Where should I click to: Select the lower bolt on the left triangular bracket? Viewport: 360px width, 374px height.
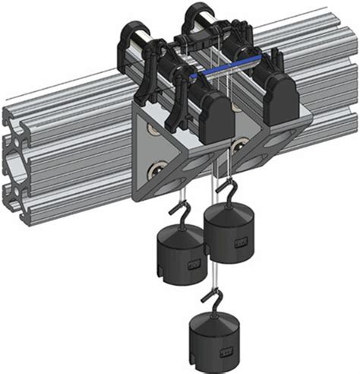(x=159, y=169)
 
